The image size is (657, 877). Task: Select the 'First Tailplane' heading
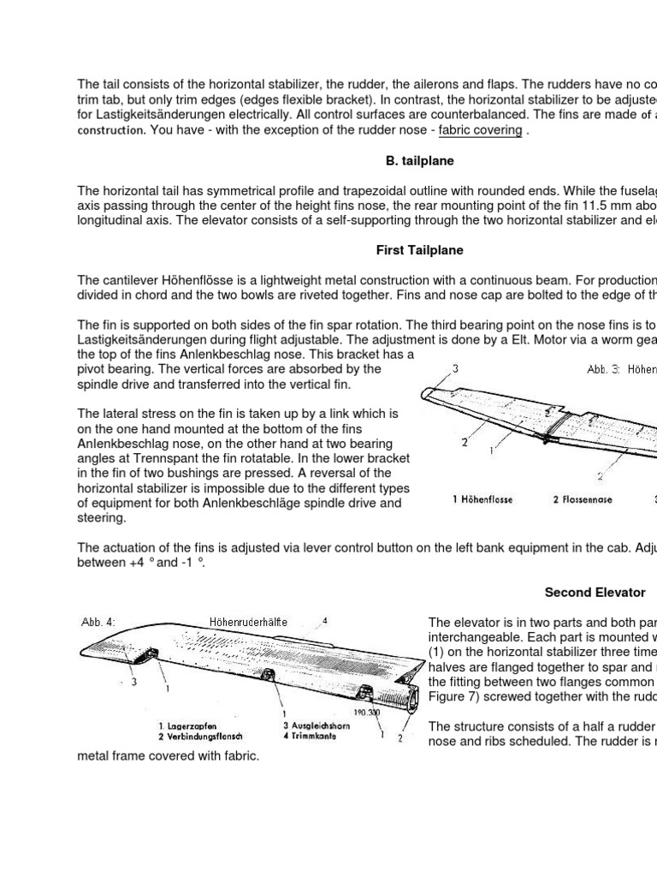point(420,250)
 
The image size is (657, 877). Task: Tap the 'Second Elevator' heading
point(595,593)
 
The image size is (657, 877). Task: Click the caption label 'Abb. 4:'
point(98,622)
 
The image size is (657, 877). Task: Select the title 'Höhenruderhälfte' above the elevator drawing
point(247,622)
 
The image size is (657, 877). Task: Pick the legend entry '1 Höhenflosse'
point(482,500)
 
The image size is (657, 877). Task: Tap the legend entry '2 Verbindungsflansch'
point(203,736)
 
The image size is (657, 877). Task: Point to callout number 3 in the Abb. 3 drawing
point(455,368)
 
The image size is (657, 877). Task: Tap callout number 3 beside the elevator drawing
point(134,682)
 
